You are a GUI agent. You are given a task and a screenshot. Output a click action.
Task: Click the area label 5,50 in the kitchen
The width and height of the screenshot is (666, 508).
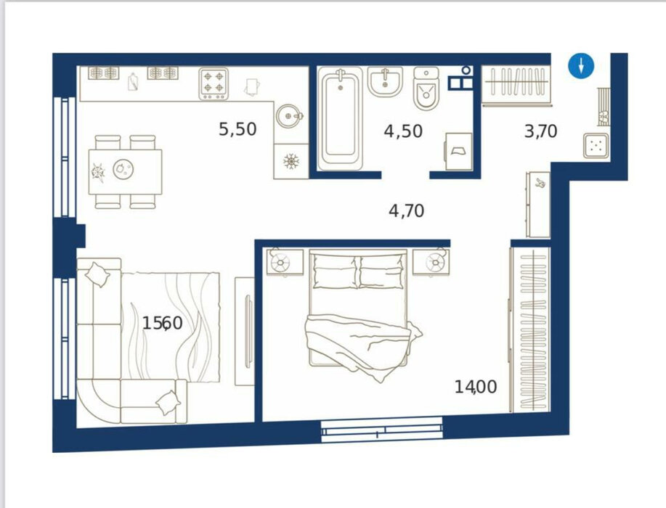[x=237, y=129]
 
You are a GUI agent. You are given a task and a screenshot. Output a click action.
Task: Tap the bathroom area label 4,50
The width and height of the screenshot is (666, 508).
[x=403, y=131]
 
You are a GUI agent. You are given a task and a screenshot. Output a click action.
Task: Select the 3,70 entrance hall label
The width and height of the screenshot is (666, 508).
[x=540, y=131]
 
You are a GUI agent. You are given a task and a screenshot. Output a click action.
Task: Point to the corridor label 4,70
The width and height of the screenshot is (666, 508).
[x=407, y=210]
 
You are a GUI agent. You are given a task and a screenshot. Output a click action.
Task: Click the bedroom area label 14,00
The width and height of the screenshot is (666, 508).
[x=476, y=387]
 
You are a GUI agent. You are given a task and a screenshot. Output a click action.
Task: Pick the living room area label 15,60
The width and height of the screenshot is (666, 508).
[x=162, y=324]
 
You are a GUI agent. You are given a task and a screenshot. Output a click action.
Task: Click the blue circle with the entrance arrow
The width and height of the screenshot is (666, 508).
[x=581, y=66]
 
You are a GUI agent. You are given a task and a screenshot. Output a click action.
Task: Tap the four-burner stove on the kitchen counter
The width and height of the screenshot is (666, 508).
[x=214, y=83]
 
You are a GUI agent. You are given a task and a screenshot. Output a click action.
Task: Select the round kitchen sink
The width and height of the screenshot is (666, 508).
[x=289, y=115]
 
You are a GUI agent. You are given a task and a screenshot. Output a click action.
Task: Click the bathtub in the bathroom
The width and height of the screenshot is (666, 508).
[x=340, y=118]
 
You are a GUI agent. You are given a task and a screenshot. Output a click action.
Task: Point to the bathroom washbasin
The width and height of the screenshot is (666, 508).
[x=385, y=81]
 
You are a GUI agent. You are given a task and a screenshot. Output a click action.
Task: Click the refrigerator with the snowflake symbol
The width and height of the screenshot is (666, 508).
[x=291, y=161]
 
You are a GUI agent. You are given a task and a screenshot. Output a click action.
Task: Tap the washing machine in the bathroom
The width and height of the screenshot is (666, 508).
[x=459, y=151]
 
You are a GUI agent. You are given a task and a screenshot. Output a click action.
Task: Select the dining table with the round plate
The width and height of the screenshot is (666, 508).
[x=126, y=171]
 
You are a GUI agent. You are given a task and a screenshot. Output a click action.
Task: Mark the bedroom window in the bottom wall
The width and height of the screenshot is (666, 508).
[x=382, y=430]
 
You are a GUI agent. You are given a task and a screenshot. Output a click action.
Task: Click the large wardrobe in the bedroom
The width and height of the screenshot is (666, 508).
[x=531, y=329]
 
